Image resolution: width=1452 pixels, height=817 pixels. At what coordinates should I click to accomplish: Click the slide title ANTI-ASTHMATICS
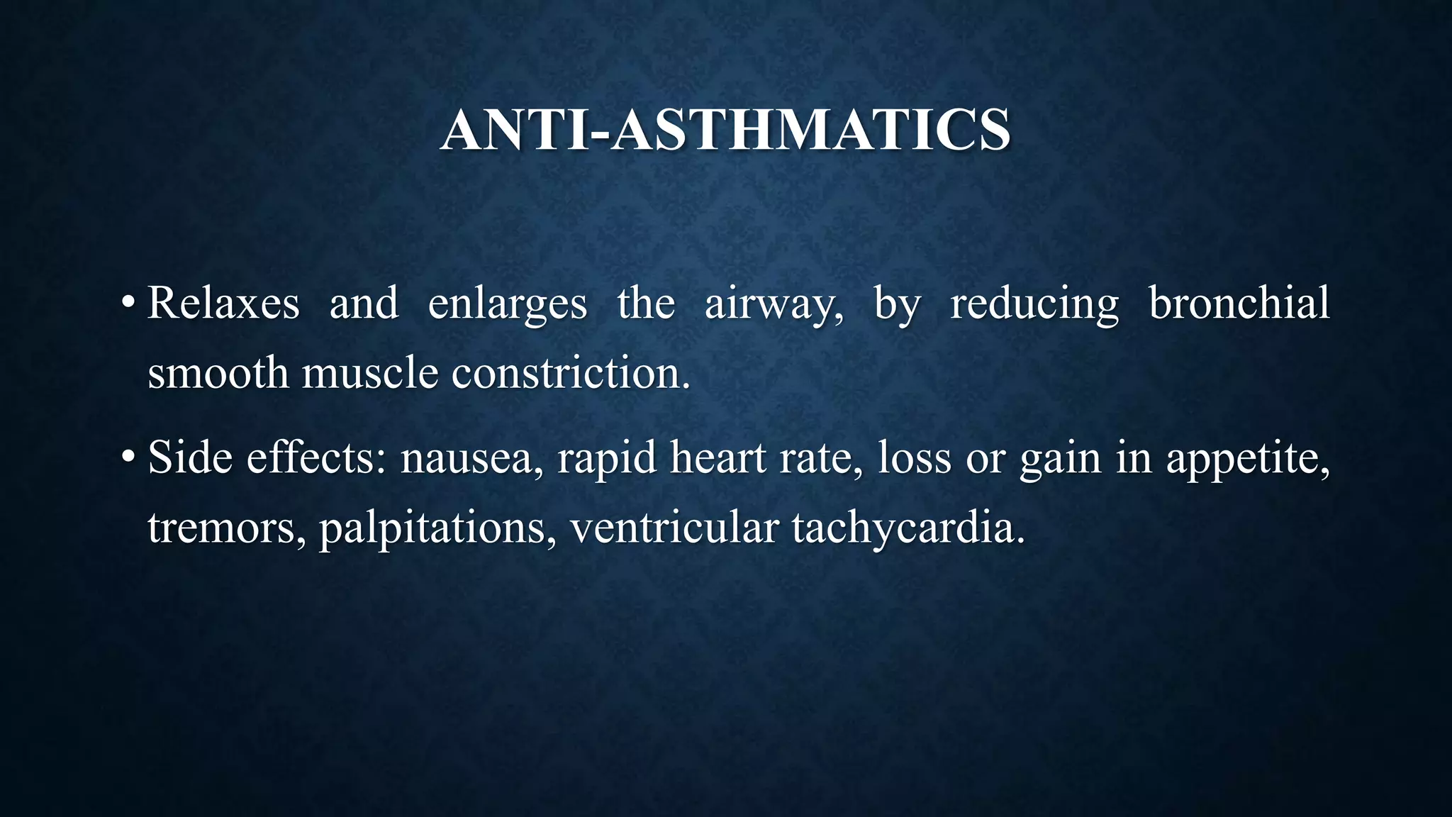pyautogui.click(x=725, y=130)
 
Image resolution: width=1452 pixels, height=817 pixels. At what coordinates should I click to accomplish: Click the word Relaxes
pyautogui.click(x=223, y=304)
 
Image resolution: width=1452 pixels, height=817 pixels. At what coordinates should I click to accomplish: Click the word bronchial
pyautogui.click(x=1239, y=304)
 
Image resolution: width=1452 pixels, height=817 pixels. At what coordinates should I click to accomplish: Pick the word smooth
pyautogui.click(x=218, y=373)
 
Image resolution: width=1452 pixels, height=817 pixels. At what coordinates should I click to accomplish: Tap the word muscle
pyautogui.click(x=369, y=373)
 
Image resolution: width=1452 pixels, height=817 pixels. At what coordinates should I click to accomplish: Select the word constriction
pyautogui.click(x=569, y=373)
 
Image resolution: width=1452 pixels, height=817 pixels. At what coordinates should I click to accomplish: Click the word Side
pyautogui.click(x=190, y=457)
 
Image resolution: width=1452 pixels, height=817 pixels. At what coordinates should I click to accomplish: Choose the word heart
pyautogui.click(x=717, y=457)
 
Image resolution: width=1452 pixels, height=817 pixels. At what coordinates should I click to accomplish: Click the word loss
pyautogui.click(x=915, y=457)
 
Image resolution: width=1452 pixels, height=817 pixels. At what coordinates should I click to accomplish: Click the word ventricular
pyautogui.click(x=674, y=528)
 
